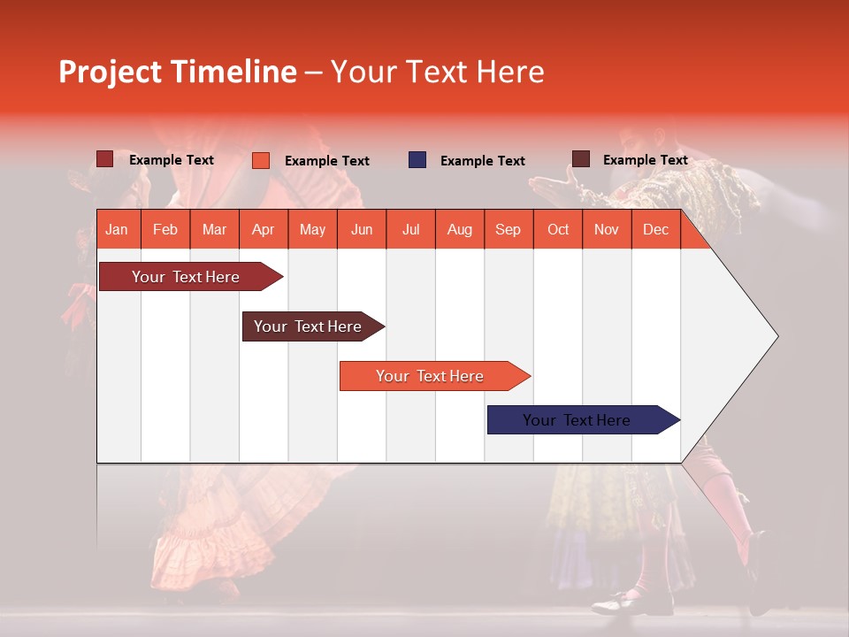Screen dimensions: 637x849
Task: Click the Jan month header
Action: click(117, 230)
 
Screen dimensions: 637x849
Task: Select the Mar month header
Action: click(214, 230)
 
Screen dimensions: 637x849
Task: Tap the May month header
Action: click(312, 230)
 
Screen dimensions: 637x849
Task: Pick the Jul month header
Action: click(410, 230)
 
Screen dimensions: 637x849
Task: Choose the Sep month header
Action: click(508, 230)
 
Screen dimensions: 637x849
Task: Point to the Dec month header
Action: click(655, 230)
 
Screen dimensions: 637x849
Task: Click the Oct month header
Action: click(558, 230)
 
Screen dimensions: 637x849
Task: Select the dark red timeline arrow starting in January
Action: click(186, 277)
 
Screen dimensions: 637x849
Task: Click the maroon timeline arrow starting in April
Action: click(308, 326)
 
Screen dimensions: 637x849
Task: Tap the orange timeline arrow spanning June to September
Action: click(430, 376)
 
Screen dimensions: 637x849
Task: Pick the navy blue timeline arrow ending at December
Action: click(577, 420)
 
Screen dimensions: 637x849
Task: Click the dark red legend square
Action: click(105, 159)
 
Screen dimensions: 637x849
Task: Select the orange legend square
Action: click(261, 160)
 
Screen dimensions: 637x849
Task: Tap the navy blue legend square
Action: click(417, 160)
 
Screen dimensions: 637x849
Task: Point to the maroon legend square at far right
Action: click(581, 159)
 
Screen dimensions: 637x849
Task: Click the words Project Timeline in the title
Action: click(177, 72)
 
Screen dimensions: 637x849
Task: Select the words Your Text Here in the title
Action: click(437, 72)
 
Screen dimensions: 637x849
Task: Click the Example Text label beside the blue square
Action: click(482, 161)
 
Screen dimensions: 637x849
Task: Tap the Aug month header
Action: click(459, 230)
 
